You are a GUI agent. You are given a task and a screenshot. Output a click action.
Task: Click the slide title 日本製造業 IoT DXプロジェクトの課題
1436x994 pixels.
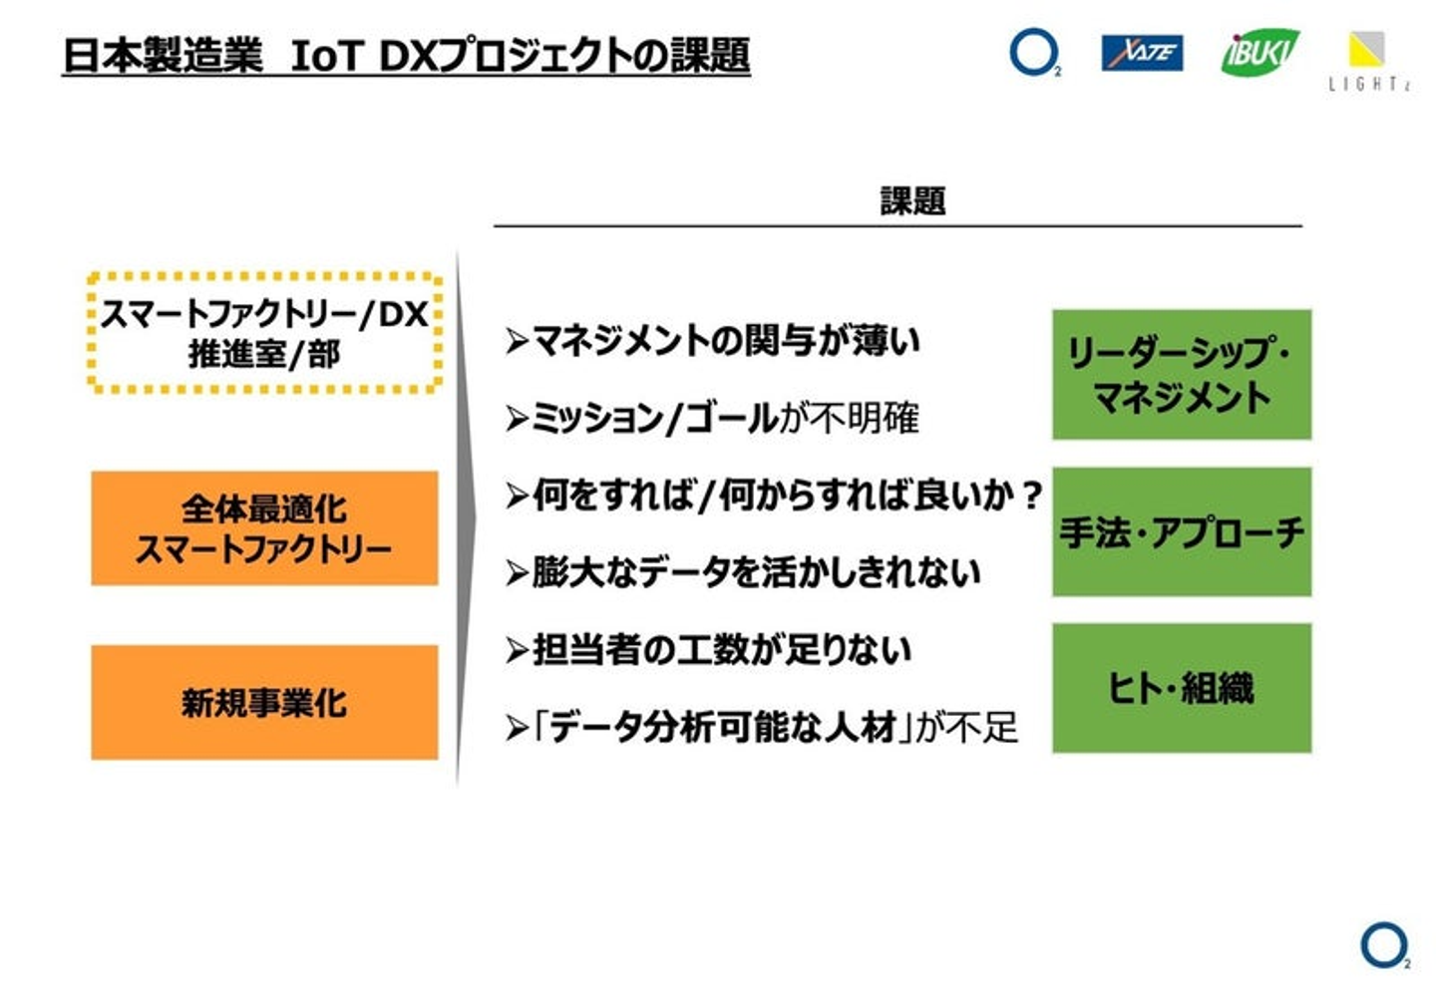[405, 55]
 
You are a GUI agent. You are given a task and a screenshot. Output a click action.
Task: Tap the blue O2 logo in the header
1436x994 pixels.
[1033, 52]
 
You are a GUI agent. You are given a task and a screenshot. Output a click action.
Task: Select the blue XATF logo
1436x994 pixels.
[1142, 53]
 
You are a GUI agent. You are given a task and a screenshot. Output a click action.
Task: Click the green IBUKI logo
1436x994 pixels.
[1259, 52]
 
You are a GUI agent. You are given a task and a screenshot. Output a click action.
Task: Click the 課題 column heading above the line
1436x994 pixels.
[911, 201]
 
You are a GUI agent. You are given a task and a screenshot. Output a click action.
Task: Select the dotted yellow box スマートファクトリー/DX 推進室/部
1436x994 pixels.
[264, 333]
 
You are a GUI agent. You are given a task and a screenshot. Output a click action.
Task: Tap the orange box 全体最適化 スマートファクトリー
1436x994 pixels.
[264, 528]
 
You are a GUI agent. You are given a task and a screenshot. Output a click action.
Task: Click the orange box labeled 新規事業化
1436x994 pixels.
[264, 703]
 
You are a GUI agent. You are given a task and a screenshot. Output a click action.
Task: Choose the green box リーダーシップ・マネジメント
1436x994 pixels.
[1182, 375]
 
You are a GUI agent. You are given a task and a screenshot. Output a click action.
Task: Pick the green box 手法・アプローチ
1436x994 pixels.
[1182, 532]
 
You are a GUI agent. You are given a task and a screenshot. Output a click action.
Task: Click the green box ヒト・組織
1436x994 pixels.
[1182, 688]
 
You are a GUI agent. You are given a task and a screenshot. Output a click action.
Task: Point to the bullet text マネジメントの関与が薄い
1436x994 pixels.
[726, 341]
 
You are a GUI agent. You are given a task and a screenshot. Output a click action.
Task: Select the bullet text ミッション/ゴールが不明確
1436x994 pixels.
[724, 418]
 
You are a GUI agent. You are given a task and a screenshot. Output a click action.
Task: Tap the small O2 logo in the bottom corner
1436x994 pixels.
[1384, 945]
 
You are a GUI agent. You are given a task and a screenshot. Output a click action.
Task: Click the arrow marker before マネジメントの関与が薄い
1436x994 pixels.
[516, 342]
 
